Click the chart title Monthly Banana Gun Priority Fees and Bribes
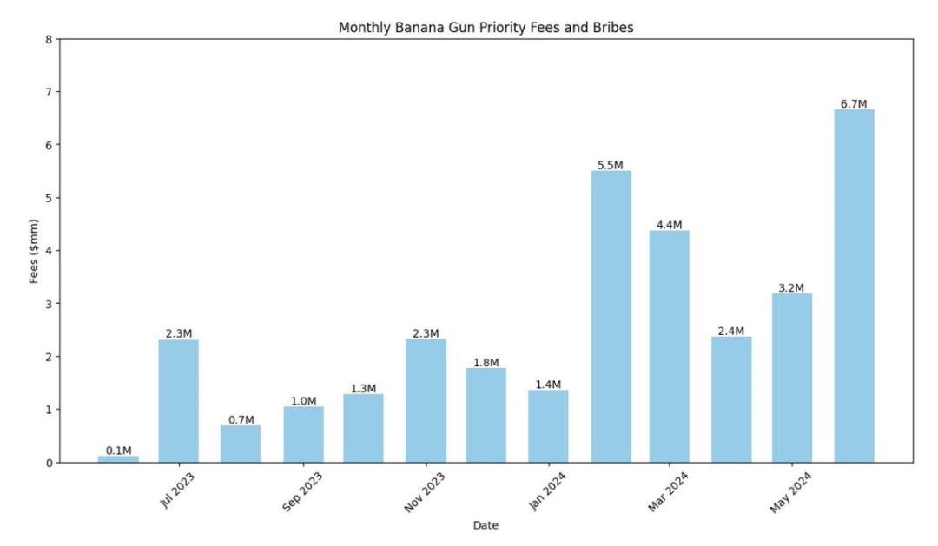click(486, 28)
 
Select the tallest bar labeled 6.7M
click(854, 286)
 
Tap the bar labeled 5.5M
click(611, 317)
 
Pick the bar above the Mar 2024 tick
click(670, 346)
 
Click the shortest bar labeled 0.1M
click(118, 458)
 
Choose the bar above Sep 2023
click(303, 434)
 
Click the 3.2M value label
click(792, 287)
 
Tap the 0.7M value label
click(241, 419)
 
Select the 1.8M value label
click(486, 362)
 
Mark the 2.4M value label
click(731, 331)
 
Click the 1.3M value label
click(363, 388)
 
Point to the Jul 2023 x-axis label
click(179, 490)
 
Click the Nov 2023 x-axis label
click(424, 491)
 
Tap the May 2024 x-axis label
click(790, 491)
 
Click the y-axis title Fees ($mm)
click(35, 250)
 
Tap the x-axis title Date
click(486, 525)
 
